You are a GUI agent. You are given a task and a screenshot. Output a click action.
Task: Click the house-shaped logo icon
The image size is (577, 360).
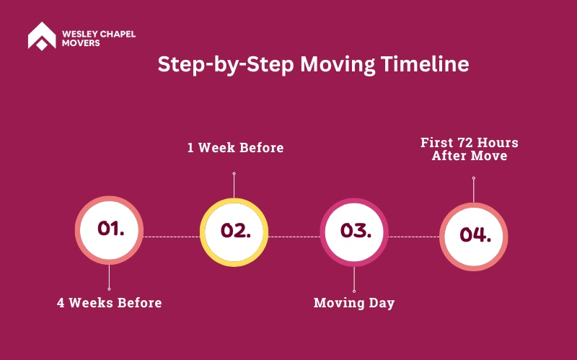click(42, 35)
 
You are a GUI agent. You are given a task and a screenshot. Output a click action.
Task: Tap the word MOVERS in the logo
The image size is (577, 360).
click(81, 43)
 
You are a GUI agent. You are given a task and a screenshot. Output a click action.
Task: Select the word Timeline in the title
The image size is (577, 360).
click(425, 64)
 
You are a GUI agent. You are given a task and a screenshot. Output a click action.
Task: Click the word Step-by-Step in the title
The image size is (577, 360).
click(226, 65)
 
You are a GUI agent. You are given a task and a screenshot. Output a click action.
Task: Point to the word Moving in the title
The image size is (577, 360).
click(338, 65)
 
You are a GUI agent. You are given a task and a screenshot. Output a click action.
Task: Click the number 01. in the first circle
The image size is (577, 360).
click(111, 228)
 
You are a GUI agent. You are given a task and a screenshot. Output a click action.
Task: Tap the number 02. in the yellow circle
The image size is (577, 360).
click(236, 230)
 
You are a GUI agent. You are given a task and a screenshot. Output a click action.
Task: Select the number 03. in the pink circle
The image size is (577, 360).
click(356, 230)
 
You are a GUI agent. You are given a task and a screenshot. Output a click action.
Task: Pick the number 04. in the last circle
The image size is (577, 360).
click(475, 234)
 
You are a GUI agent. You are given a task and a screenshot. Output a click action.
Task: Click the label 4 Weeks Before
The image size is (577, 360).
click(110, 302)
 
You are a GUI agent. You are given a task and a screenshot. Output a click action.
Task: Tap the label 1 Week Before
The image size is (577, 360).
click(236, 148)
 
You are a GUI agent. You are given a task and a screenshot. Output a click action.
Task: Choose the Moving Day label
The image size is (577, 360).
click(354, 303)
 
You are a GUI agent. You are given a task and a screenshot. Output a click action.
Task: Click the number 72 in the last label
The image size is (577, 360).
click(464, 142)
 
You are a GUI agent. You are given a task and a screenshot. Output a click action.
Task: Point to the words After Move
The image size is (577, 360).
click(470, 156)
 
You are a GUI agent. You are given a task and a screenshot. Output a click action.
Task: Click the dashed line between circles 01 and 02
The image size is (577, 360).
click(172, 237)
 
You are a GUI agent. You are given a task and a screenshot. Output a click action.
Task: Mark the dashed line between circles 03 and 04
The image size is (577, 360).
click(413, 237)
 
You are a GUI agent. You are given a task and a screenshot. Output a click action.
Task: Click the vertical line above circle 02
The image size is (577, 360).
click(234, 185)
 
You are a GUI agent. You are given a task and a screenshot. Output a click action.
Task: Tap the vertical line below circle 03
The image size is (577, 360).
click(354, 279)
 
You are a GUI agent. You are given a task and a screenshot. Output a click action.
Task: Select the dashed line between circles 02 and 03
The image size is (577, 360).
click(294, 237)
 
